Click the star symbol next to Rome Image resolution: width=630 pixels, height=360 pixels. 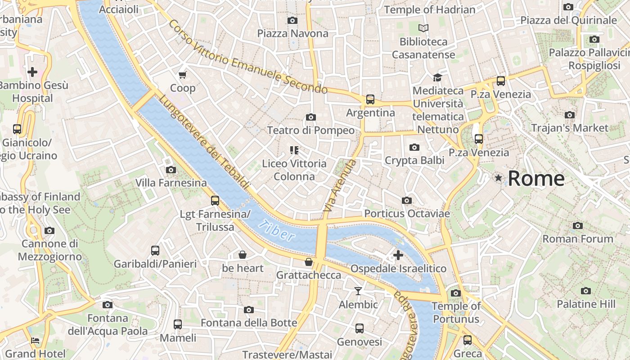point(498,178)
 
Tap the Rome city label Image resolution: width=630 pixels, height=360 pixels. point(536,179)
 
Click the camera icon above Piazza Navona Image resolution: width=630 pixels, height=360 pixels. point(292,20)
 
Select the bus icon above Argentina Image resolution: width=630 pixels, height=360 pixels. point(370,99)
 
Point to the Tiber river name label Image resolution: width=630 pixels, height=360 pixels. point(276,230)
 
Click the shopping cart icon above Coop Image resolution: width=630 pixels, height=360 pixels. point(182,75)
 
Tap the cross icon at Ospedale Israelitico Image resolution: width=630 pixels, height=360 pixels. point(398,255)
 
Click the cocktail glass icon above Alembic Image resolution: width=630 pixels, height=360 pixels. point(358,291)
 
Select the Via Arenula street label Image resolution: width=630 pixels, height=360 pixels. point(340,186)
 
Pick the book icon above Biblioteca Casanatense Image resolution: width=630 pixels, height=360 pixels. point(423,28)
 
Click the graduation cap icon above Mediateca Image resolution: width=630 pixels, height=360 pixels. point(437,77)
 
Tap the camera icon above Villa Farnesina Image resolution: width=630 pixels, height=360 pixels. point(171,170)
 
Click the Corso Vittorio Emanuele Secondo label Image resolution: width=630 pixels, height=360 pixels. point(247,57)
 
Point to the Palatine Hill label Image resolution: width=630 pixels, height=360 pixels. point(586,304)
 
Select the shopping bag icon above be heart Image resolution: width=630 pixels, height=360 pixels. point(242,255)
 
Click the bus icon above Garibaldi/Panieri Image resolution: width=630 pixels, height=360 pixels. point(155,250)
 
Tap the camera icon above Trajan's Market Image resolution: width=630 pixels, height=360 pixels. point(570,115)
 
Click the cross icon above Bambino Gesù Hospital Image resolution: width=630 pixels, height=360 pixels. point(32,72)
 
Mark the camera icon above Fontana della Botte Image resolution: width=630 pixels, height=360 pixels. point(248,310)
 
